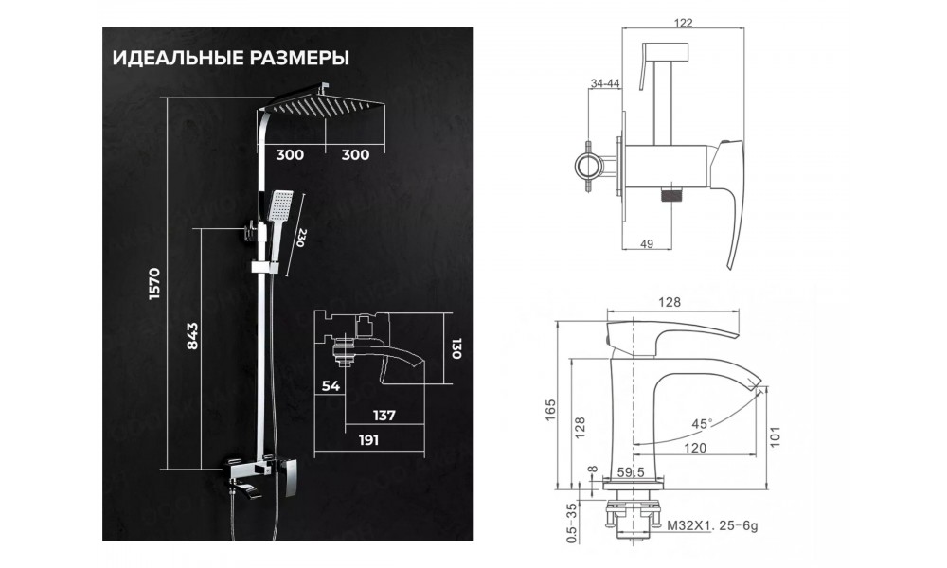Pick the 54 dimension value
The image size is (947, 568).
click(x=331, y=385)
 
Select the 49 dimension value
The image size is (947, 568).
click(x=648, y=244)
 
